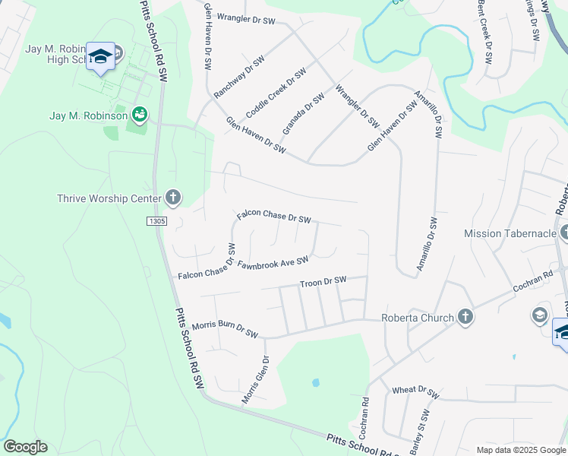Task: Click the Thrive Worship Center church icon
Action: [x=173, y=199]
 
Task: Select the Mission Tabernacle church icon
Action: [x=563, y=233]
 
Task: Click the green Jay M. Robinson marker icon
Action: [x=139, y=115]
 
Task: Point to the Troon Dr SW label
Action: [x=323, y=282]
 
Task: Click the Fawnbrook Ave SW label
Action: [x=273, y=262]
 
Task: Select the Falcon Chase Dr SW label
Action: [x=274, y=217]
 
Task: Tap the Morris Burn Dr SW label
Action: [x=226, y=330]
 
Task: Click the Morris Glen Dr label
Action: [x=256, y=379]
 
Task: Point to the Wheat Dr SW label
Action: [x=415, y=392]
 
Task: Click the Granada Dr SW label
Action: [x=303, y=113]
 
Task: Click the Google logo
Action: [x=25, y=447]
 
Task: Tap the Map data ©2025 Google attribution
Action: [x=520, y=450]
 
